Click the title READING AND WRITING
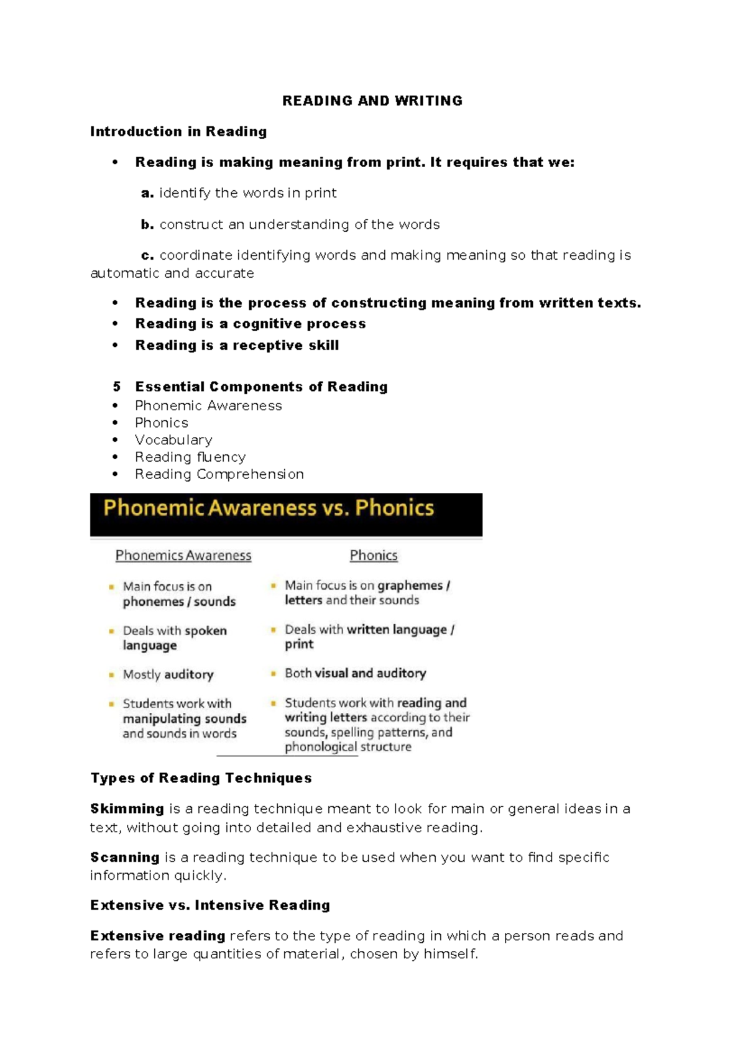(372, 101)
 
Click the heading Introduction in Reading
(178, 131)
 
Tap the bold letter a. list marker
(147, 193)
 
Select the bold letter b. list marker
(147, 224)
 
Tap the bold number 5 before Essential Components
(117, 387)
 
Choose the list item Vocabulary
(173, 440)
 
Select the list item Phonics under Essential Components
(162, 423)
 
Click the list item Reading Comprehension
(219, 474)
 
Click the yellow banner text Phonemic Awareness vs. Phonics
(269, 508)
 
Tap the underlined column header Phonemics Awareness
(183, 556)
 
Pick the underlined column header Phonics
(374, 556)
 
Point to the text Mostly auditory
(168, 674)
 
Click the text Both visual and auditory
(355, 673)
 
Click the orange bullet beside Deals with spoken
(111, 631)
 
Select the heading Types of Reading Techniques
(201, 778)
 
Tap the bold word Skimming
(127, 809)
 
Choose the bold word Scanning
(125, 857)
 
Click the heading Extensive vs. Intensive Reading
(210, 905)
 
